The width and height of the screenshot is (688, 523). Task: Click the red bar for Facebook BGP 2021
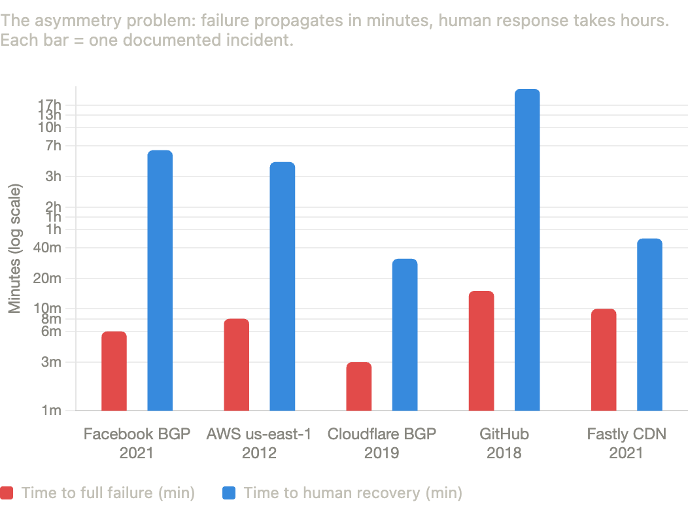tap(114, 371)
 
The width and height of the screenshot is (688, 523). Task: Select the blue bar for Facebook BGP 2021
tap(160, 281)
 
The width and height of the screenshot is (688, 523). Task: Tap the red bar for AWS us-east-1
tap(236, 365)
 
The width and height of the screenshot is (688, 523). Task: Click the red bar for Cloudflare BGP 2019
tap(359, 386)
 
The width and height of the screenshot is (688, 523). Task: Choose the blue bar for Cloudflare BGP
tap(405, 335)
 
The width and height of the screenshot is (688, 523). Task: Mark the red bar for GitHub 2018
tap(481, 351)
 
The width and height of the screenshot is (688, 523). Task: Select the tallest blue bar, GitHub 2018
tap(527, 250)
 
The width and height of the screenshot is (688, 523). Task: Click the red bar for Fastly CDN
tap(604, 360)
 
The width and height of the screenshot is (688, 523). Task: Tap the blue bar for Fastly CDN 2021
tap(649, 324)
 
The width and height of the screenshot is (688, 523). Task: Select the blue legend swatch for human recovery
tap(229, 493)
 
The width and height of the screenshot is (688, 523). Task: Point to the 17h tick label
tap(50, 105)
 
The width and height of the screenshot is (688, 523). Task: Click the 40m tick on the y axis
tap(48, 248)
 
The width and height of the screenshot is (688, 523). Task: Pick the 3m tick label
tap(51, 362)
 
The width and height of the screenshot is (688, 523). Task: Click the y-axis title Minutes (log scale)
tap(15, 248)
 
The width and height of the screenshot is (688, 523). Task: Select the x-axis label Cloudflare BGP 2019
tap(381, 443)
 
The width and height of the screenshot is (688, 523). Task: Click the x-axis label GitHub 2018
tap(504, 443)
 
